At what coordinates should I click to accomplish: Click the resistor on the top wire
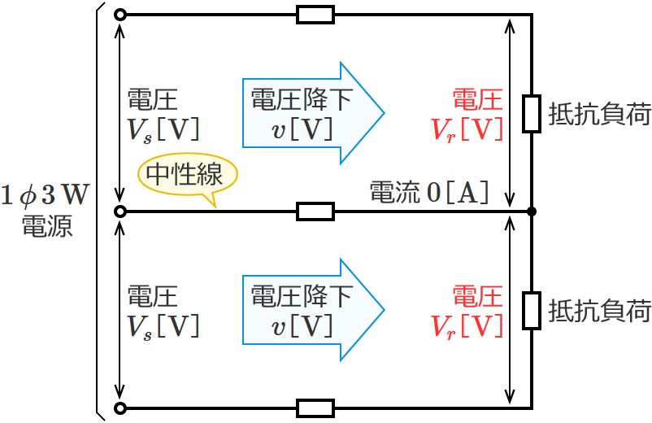coord(315,15)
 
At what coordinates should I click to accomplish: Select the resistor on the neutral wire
coord(315,211)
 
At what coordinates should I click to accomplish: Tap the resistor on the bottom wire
coord(315,408)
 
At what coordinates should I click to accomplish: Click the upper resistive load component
coord(532,113)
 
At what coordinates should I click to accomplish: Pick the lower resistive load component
coord(532,310)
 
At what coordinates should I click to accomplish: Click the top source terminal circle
coord(120,15)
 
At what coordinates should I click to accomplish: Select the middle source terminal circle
coord(120,211)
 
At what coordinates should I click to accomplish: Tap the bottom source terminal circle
coord(120,408)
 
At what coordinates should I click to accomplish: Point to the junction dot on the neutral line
coord(532,211)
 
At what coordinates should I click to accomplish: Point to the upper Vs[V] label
coord(163,129)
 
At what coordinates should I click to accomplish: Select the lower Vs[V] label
coord(163,325)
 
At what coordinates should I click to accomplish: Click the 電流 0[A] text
coord(429,192)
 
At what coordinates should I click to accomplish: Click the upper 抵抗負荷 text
coord(600,114)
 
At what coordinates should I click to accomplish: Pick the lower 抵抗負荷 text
coord(600,311)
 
